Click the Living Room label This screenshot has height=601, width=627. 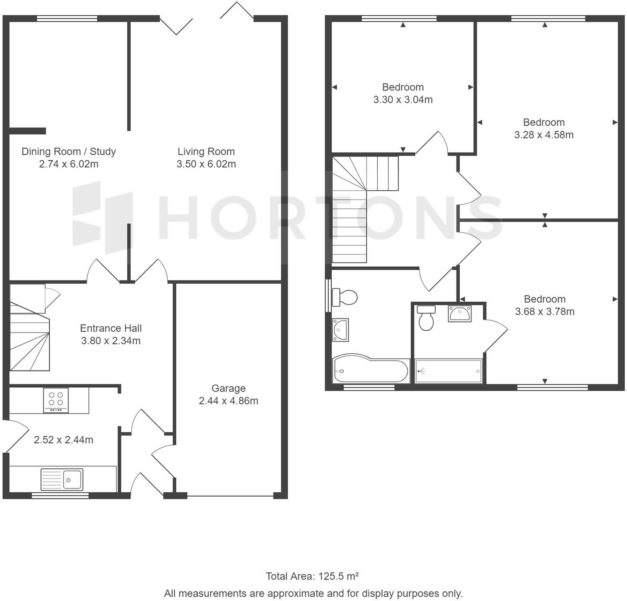coord(206,151)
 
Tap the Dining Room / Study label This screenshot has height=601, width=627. coord(69,151)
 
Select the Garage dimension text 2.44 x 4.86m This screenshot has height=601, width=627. coord(228,401)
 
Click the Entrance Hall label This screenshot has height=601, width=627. coord(111,328)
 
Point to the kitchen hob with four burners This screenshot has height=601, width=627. coord(56,400)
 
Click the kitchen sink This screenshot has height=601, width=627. coord(62,479)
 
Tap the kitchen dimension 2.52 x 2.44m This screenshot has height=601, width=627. coord(63,440)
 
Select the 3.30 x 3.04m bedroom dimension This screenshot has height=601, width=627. coord(403,99)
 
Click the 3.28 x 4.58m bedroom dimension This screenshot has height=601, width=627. coord(544,135)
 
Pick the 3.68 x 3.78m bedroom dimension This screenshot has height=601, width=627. coord(545,311)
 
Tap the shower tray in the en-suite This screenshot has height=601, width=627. coord(448,371)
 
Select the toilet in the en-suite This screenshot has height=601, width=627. coord(426,318)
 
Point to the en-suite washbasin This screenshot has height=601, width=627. coord(460,314)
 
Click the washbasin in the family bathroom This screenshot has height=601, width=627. coord(340,330)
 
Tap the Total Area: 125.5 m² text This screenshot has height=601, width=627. coord(312,576)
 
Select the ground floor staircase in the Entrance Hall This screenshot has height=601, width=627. coord(29,327)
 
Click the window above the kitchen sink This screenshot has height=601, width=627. coord(60,495)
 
